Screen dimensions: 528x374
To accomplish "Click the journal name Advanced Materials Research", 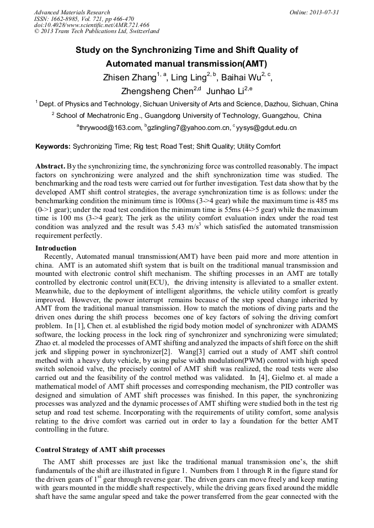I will (x=72, y=12).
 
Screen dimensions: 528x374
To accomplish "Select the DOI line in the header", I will (x=92, y=25).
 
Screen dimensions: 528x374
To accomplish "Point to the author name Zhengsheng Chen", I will (x=157, y=91).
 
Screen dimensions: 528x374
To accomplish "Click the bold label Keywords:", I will (x=53, y=146).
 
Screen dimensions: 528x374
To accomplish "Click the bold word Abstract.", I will (x=50, y=166).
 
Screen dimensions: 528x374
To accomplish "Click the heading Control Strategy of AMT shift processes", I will (x=100, y=449).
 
